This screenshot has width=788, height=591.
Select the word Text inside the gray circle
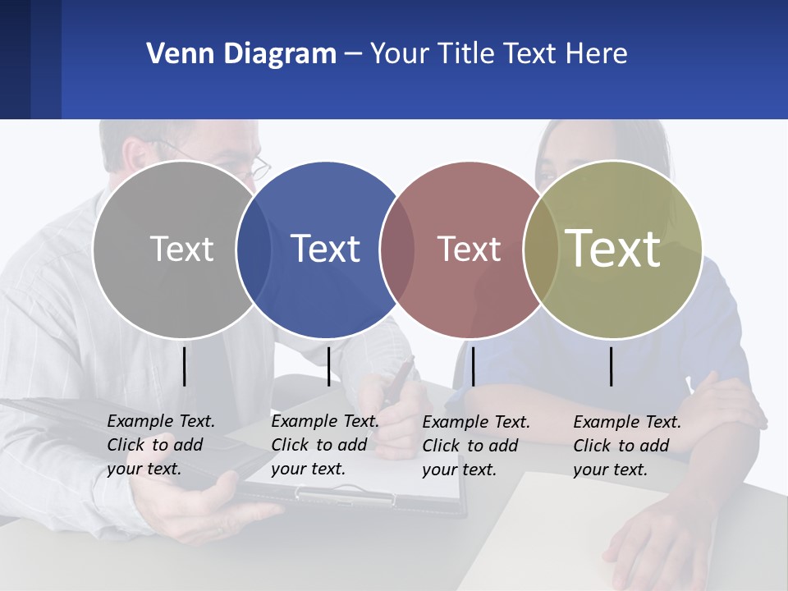tap(181, 249)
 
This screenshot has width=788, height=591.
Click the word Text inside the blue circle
tap(325, 249)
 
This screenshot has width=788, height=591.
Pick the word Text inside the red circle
tap(469, 249)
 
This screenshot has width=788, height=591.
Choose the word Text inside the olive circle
tap(612, 249)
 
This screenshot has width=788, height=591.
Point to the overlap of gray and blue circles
tap(254, 249)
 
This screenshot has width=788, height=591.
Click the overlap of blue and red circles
tap(397, 249)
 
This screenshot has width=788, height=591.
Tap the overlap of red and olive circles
tap(541, 249)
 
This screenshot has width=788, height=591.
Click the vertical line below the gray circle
tap(185, 366)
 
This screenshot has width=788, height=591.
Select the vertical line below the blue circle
tap(328, 366)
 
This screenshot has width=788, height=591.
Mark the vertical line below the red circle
tap(473, 366)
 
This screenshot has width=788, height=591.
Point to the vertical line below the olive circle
tap(612, 366)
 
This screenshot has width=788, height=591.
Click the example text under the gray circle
tap(160, 445)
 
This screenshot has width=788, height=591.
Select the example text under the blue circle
tap(324, 445)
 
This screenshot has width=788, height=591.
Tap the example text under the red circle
tap(475, 446)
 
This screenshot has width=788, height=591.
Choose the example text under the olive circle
tap(626, 446)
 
